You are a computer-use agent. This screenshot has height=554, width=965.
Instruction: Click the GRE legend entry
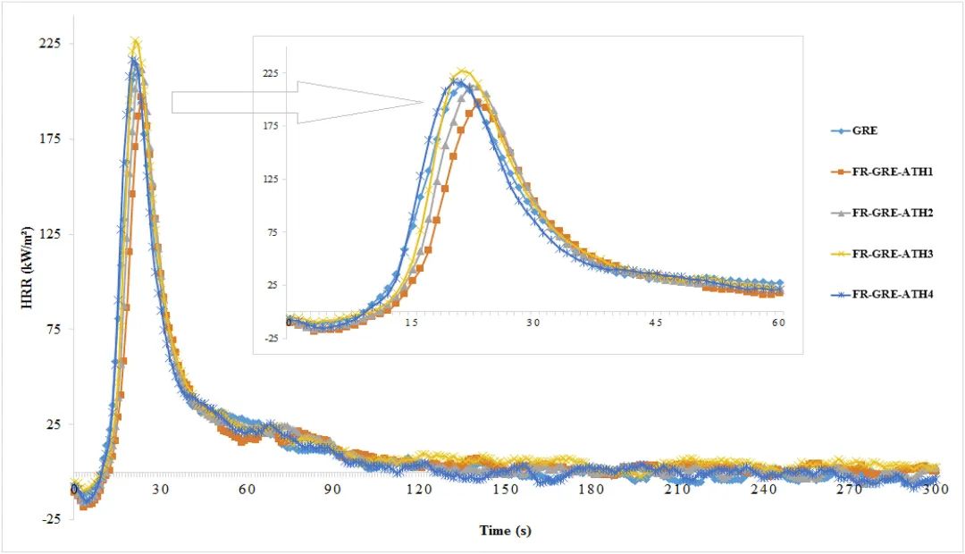pyautogui.click(x=865, y=130)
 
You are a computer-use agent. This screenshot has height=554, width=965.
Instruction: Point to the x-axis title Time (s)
pyautogui.click(x=506, y=530)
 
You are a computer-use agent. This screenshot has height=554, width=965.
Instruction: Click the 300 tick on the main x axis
pyautogui.click(x=936, y=490)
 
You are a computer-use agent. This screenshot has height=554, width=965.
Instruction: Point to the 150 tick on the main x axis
pyautogui.click(x=505, y=490)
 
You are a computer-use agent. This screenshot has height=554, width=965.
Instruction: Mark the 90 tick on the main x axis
pyautogui.click(x=332, y=490)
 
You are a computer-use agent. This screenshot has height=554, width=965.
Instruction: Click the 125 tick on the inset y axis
pyautogui.click(x=268, y=179)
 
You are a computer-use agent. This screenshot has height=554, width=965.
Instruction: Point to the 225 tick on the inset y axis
pyautogui.click(x=268, y=73)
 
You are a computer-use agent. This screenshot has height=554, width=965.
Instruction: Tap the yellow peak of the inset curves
pyautogui.click(x=462, y=71)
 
